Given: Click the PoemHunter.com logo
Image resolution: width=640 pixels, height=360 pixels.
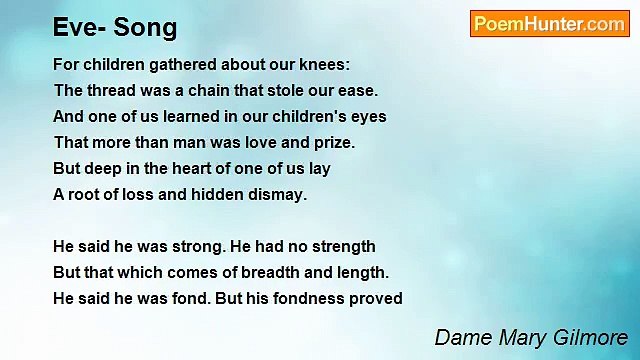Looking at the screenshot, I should (x=549, y=24).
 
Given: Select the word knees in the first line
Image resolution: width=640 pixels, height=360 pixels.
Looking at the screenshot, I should (x=325, y=64).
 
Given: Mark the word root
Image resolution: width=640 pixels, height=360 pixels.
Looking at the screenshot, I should (x=85, y=194).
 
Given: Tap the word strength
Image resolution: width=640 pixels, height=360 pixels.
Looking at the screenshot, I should (x=341, y=246).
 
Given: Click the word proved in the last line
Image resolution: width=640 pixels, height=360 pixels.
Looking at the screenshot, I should (x=377, y=298).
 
